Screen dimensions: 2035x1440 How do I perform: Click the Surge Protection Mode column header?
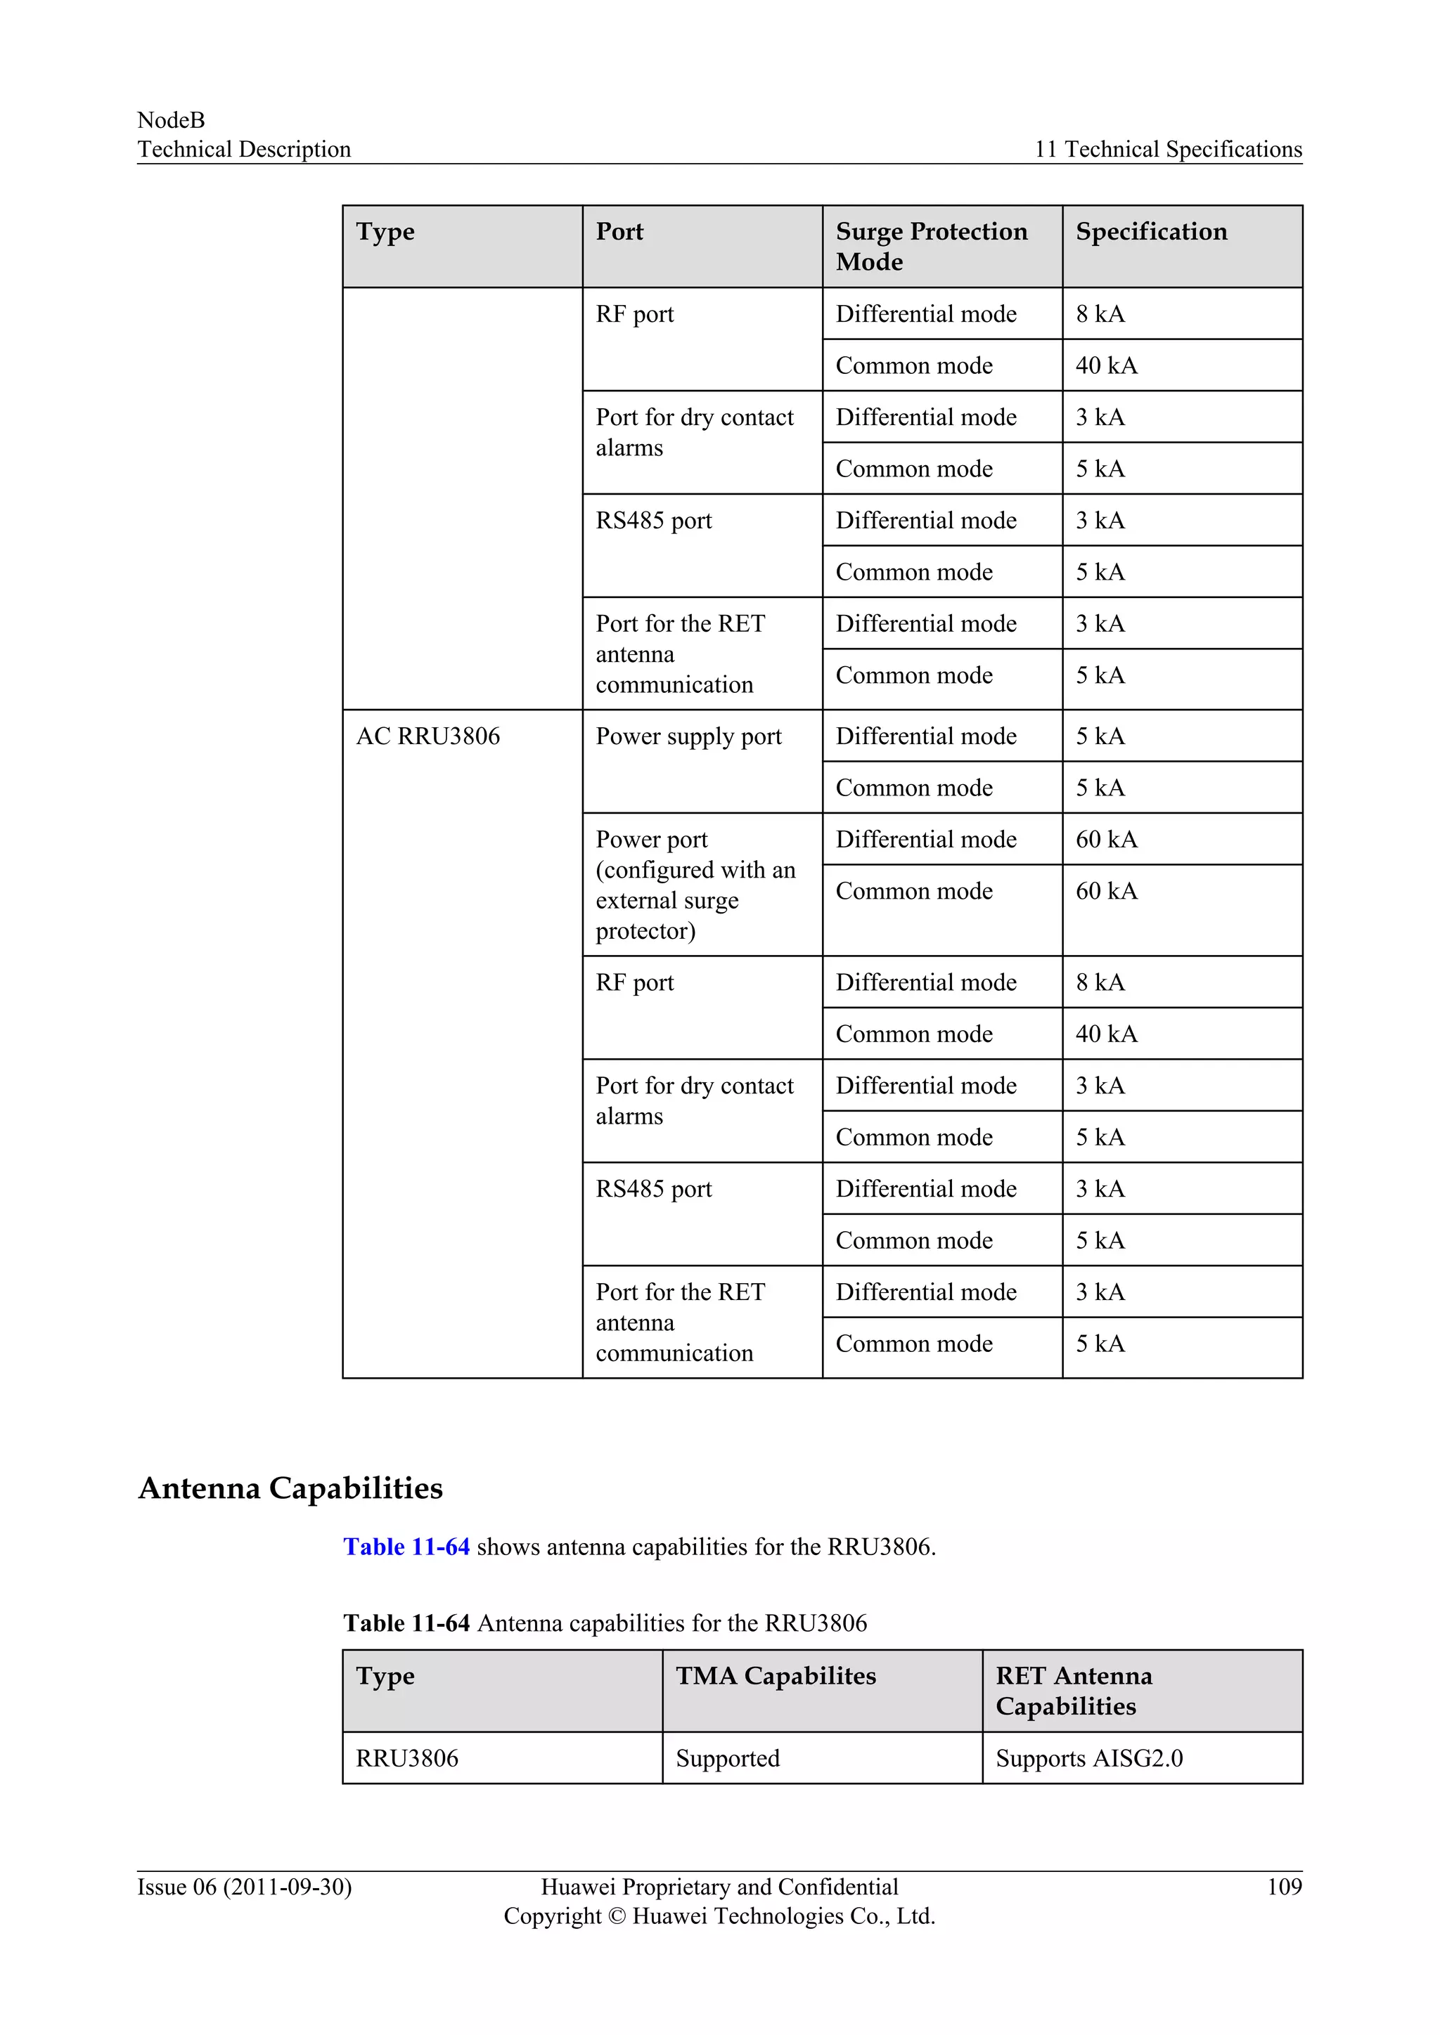pos(931,247)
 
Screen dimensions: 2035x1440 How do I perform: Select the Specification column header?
pos(1151,232)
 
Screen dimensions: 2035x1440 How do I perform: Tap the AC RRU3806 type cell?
pos(428,736)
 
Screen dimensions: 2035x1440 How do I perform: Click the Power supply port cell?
pos(688,736)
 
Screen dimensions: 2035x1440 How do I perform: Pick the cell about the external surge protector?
pos(695,885)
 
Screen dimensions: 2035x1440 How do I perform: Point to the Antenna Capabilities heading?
pos(291,1488)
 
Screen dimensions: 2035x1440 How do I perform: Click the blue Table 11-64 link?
pos(406,1547)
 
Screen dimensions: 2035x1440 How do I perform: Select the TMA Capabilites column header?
pos(775,1676)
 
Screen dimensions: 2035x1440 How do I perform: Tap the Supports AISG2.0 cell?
pos(1089,1758)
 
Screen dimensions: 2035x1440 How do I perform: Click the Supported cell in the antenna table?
pos(727,1758)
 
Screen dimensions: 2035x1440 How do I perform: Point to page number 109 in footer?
pos(1284,1887)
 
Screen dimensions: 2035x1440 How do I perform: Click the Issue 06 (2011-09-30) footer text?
pos(245,1887)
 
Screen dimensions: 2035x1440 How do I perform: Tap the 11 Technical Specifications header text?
pos(1168,150)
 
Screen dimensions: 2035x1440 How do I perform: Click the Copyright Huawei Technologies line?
pos(719,1916)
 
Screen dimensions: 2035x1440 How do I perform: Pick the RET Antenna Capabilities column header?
pos(1073,1691)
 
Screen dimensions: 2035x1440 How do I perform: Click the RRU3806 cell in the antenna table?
pos(407,1758)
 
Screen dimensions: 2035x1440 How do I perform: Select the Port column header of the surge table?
pos(619,232)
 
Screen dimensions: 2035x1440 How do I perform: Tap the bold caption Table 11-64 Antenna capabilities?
pos(605,1623)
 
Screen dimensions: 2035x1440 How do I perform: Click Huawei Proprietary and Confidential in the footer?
pos(719,1887)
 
